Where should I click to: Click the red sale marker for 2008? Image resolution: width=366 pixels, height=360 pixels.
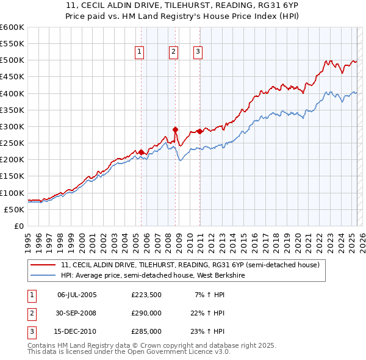click(176, 129)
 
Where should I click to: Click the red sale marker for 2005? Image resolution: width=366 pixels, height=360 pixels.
click(141, 152)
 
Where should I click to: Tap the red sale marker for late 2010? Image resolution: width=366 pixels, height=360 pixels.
click(199, 131)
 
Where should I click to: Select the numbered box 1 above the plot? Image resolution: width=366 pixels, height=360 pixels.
click(140, 52)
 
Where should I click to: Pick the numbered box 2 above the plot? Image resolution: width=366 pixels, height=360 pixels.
click(174, 52)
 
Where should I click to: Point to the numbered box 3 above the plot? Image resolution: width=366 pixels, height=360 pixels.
click(198, 52)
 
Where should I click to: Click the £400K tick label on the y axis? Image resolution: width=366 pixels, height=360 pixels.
click(12, 93)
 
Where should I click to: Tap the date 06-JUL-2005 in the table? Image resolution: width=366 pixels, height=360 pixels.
click(77, 295)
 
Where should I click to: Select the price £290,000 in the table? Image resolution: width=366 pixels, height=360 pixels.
click(146, 313)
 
